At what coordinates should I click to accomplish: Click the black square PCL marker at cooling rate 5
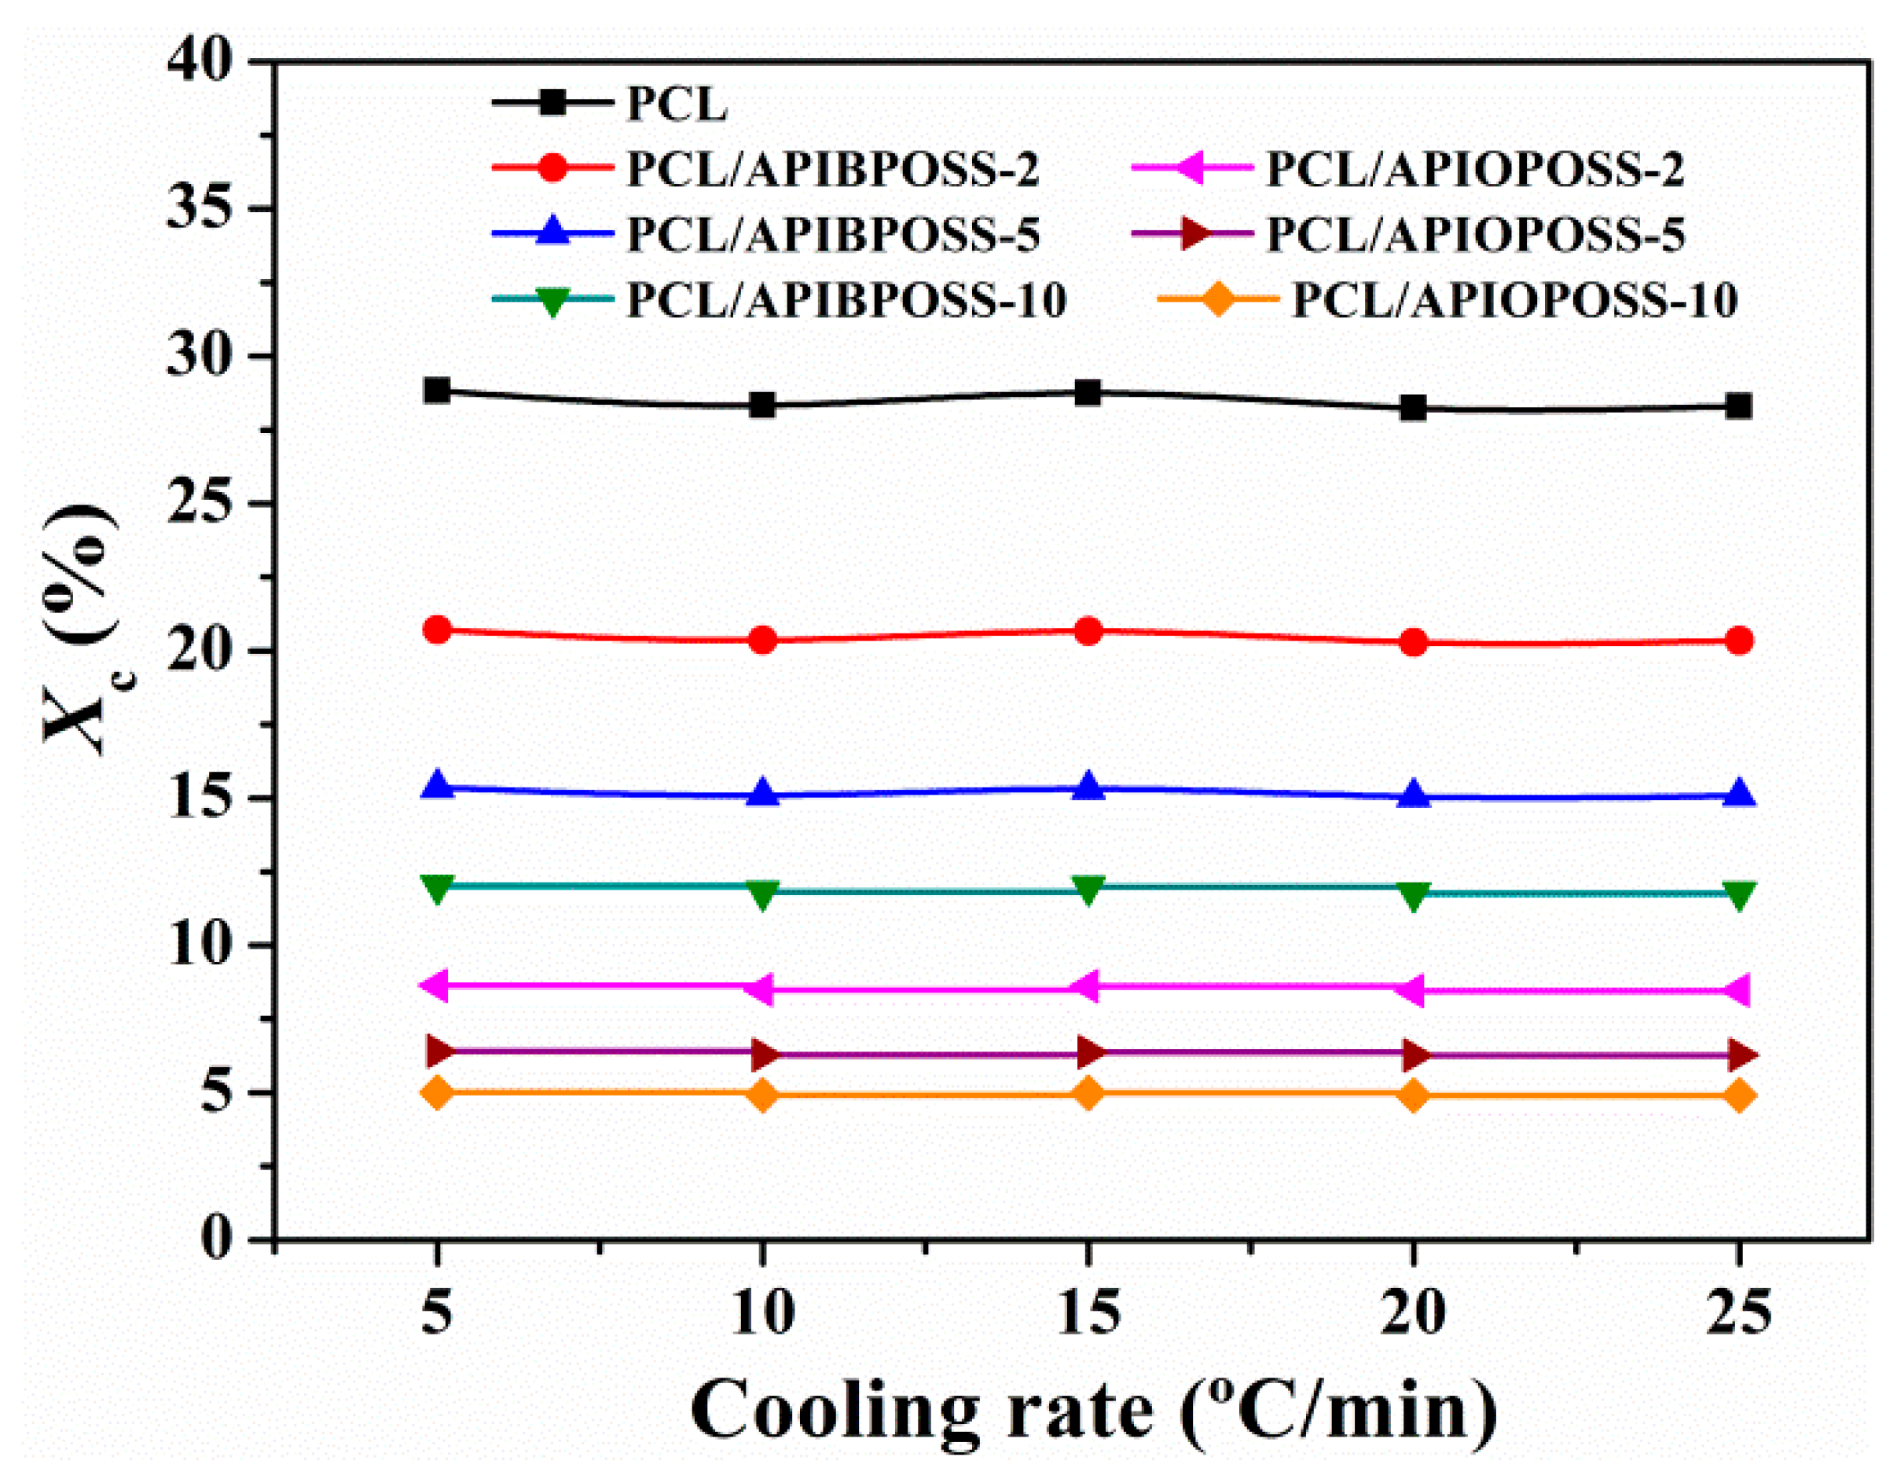(x=437, y=390)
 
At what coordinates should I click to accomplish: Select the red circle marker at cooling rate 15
(x=1088, y=632)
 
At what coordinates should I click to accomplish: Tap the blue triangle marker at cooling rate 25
(x=1738, y=794)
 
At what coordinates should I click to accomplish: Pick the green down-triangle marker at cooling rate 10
(x=762, y=894)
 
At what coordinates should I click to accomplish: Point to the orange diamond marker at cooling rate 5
(x=437, y=1092)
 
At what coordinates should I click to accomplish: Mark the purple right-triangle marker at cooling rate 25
(x=1740, y=1055)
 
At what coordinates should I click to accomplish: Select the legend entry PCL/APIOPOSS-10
(x=1514, y=300)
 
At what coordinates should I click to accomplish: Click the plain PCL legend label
(x=676, y=105)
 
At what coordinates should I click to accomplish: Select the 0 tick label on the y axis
(x=215, y=1238)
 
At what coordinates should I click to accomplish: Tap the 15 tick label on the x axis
(x=1088, y=1313)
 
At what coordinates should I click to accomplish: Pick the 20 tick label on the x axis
(x=1413, y=1313)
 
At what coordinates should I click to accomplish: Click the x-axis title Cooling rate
(x=1092, y=1411)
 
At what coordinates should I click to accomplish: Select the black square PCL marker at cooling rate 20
(x=1413, y=407)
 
